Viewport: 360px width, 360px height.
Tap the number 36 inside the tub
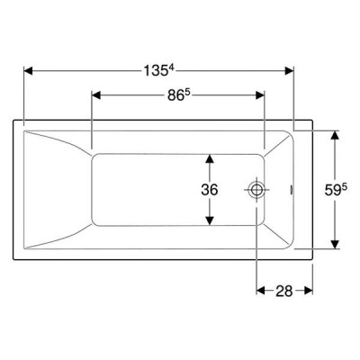coord(210,190)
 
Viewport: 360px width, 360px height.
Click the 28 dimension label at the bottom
coord(284,291)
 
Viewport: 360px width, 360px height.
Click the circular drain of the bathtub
coord(256,190)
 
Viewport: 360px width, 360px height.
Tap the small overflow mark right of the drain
coord(291,190)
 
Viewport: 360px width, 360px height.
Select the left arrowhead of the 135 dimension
coord(28,71)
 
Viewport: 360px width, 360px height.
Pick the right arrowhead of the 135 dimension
coord(289,71)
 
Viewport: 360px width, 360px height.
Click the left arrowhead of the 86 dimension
coord(95,95)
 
